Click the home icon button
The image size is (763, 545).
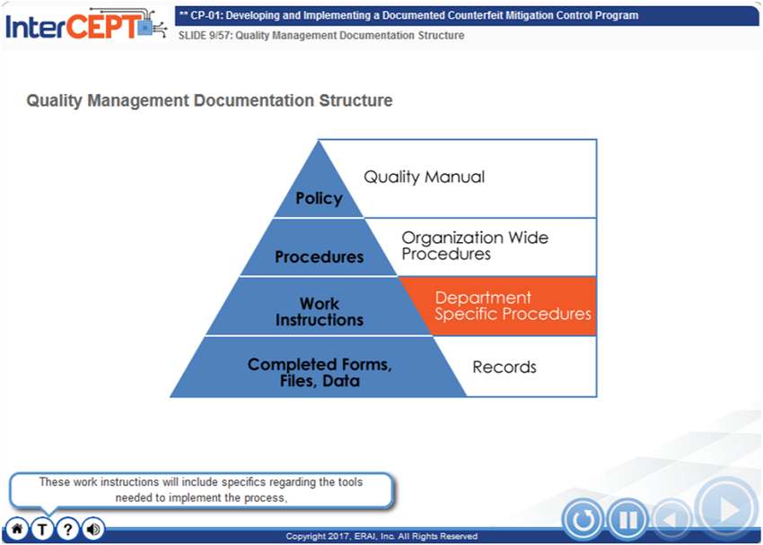[x=17, y=529]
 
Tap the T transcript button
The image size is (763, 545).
[x=42, y=529]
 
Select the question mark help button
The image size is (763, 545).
[x=67, y=529]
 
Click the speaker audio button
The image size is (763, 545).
[x=93, y=529]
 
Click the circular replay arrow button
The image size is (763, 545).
[x=583, y=519]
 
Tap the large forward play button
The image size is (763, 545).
[x=727, y=509]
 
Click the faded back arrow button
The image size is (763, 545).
[x=671, y=520]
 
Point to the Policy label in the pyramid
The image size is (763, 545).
[x=320, y=198]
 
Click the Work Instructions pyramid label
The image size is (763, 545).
[x=320, y=312]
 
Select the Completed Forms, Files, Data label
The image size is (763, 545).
[x=320, y=373]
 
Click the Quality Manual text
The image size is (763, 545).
[x=425, y=177]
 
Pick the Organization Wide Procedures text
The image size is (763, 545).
[x=475, y=246]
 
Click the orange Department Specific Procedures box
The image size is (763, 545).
[x=498, y=306]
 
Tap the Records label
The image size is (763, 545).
[x=504, y=367]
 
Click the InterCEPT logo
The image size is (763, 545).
[x=86, y=25]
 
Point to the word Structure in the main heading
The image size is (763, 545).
[x=355, y=100]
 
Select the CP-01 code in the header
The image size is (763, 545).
[x=206, y=15]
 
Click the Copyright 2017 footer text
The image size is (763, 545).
[x=381, y=536]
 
